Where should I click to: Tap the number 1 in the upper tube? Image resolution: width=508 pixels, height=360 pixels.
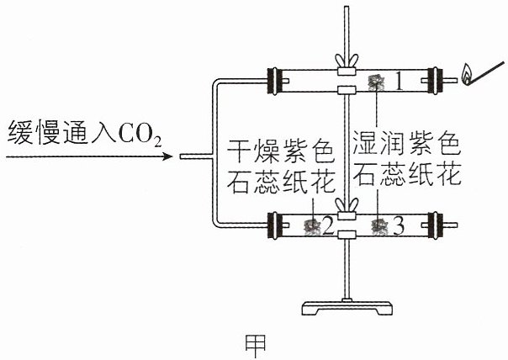[x=400, y=82]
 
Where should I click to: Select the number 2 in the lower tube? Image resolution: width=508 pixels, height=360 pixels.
[x=327, y=225]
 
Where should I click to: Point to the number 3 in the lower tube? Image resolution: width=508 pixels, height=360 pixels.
[x=399, y=225]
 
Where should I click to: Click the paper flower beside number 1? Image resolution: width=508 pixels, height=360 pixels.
[x=377, y=82]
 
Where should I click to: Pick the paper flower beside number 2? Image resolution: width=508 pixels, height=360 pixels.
[x=312, y=226]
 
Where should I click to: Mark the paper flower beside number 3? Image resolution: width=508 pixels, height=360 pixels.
[x=379, y=226]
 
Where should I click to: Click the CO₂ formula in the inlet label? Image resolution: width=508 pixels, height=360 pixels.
[x=140, y=134]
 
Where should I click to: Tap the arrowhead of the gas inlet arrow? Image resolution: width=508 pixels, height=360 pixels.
[x=167, y=156]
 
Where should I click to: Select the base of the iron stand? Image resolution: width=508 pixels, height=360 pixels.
[x=347, y=308]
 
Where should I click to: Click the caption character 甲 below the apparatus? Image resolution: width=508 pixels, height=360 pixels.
[x=255, y=346]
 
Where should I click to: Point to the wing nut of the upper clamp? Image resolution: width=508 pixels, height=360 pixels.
[x=347, y=61]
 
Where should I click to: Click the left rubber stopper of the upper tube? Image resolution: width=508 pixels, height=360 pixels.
[x=273, y=81]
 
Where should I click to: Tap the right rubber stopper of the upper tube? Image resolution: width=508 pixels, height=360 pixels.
[x=435, y=81]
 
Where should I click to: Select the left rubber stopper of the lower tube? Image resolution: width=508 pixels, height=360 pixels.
[x=273, y=225]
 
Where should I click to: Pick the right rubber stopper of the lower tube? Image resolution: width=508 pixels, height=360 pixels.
[x=435, y=225]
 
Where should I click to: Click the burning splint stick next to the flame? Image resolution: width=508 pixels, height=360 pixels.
[x=487, y=72]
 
